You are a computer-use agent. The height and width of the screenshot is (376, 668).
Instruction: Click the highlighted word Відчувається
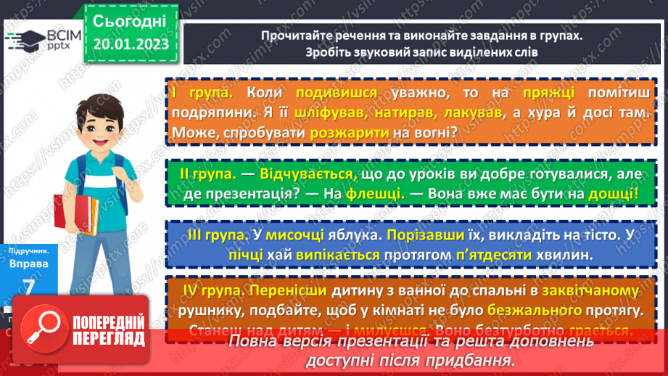click(x=301, y=175)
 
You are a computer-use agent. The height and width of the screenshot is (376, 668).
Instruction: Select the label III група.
click(x=211, y=236)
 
